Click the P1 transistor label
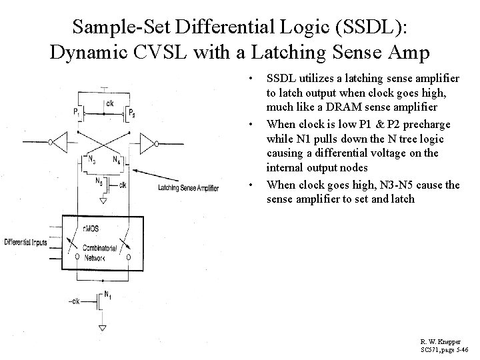pyautogui.click(x=76, y=111)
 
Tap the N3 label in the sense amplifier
pyautogui.click(x=90, y=159)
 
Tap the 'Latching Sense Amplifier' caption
pyautogui.click(x=188, y=189)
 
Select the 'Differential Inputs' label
pyautogui.click(x=25, y=242)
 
